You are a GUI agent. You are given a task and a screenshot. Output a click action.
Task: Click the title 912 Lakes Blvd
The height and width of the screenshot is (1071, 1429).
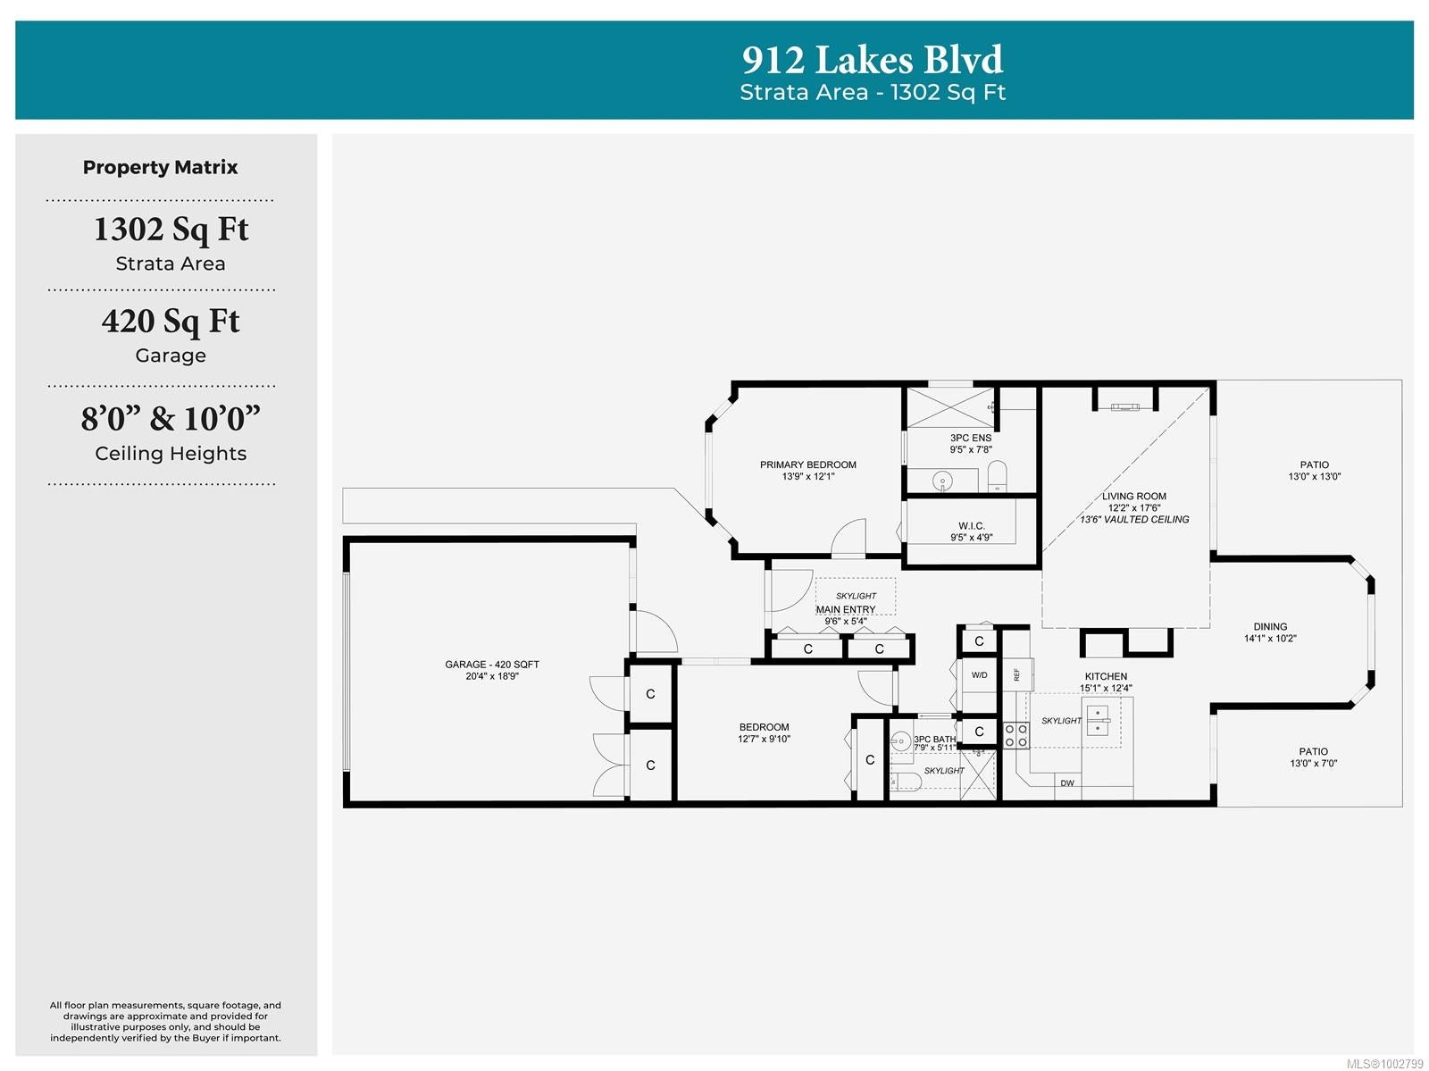pos(873,59)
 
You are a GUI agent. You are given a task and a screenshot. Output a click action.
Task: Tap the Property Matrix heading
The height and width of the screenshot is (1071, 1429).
pos(160,167)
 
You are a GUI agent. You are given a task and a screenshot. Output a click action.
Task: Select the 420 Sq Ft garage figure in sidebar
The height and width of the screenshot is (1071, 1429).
pos(171,321)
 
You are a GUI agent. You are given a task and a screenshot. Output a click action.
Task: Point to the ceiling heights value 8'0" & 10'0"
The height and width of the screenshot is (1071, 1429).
pos(171,418)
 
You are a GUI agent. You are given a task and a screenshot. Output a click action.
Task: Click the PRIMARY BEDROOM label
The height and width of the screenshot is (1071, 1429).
pos(808,464)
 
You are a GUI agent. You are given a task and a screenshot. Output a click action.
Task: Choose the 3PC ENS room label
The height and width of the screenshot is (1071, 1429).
pos(971,439)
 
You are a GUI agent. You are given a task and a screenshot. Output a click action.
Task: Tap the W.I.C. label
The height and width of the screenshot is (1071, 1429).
pos(972,526)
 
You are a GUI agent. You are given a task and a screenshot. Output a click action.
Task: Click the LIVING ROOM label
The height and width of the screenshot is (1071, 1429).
pos(1134,496)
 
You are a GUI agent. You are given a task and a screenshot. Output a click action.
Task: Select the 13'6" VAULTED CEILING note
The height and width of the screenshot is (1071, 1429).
pos(1134,520)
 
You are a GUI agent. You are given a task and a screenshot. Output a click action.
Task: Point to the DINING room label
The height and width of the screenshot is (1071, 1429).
pos(1270,627)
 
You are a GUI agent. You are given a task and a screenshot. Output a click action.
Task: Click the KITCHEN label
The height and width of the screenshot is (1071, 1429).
pos(1106,676)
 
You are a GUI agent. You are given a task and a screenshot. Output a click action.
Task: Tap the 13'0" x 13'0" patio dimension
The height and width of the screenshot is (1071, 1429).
pos(1315,477)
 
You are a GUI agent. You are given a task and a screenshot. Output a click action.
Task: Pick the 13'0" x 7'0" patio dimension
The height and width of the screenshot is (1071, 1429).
pos(1313,763)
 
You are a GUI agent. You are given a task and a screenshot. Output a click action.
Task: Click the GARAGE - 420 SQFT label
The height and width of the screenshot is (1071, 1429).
pos(492,665)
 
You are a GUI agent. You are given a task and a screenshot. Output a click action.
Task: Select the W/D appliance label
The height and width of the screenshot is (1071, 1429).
pos(979,675)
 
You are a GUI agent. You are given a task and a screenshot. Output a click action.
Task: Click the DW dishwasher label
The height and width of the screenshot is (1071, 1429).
pos(1067,783)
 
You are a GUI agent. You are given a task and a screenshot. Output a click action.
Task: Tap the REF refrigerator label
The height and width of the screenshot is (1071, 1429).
pos(1017,675)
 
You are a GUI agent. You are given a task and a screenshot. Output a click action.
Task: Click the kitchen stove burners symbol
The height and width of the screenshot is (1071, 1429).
pos(1015,736)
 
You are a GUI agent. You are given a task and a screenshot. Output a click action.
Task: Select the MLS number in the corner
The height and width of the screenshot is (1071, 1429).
pos(1385,1064)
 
